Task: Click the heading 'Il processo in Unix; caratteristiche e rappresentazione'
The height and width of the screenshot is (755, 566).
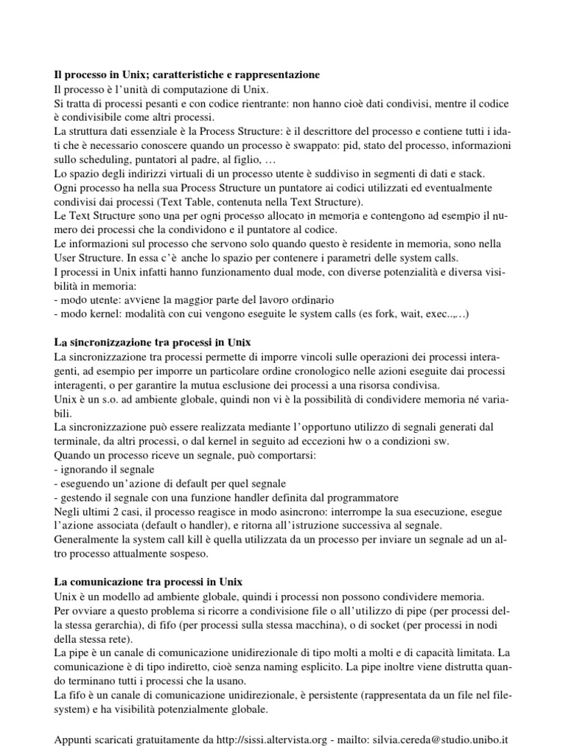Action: coord(187,75)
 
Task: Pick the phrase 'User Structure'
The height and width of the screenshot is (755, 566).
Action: coord(91,257)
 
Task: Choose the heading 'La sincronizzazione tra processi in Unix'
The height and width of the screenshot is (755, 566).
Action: coord(153,342)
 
